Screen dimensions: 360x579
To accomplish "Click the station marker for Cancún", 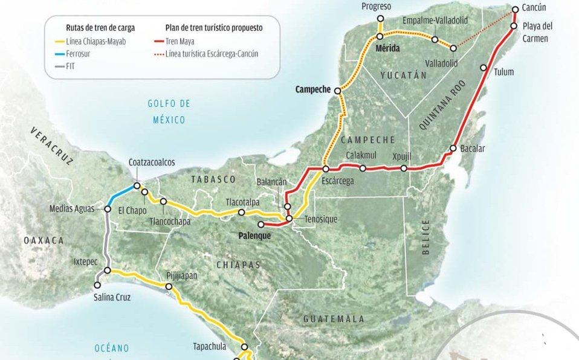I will click(515, 10).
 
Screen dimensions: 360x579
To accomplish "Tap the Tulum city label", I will click(503, 72).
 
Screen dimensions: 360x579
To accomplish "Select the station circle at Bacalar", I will click(453, 149).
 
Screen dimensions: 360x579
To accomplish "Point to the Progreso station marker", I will click(380, 18).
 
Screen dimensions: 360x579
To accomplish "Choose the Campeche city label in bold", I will click(312, 89).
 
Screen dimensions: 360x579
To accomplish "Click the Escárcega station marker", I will click(326, 169).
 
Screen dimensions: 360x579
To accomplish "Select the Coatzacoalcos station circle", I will click(137, 185).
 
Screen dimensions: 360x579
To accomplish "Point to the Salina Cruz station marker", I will click(97, 284).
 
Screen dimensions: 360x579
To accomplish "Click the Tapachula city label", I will click(209, 347).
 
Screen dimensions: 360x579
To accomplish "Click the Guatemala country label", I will click(334, 318).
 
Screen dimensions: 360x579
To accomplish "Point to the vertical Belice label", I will click(426, 237).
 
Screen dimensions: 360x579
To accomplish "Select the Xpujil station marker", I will click(404, 169).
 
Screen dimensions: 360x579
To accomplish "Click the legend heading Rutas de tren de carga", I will click(100, 28).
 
